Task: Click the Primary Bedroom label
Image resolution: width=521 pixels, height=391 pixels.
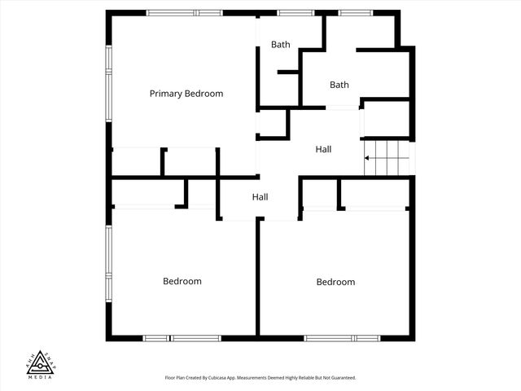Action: (186, 94)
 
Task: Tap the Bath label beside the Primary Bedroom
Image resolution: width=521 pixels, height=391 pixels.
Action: (280, 45)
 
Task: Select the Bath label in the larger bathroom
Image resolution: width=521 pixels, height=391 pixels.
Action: (339, 85)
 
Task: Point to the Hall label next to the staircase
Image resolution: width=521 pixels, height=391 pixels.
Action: (323, 149)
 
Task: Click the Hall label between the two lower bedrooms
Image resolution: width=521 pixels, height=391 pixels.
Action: (260, 197)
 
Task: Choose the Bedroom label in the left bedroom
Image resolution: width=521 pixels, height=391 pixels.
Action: (182, 281)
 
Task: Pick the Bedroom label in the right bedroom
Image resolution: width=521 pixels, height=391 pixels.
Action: (335, 282)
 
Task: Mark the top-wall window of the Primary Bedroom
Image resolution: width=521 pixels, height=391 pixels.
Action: (184, 13)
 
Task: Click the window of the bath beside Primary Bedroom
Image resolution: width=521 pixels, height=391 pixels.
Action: (290, 13)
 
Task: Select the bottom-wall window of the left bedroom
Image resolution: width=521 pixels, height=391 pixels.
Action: (182, 337)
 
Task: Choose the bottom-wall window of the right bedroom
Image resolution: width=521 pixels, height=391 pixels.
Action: (342, 337)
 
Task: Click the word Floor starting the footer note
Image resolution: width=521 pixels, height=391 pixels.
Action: (169, 378)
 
